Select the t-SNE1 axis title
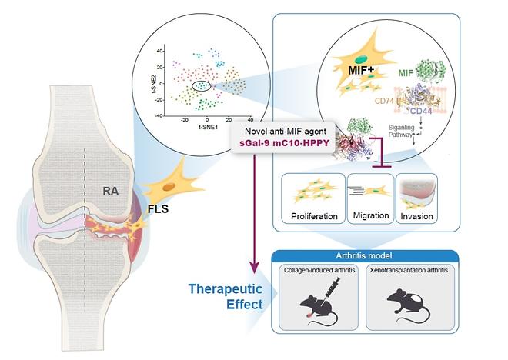coord(206,128)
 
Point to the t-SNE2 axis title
coord(155,82)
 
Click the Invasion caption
coord(418,216)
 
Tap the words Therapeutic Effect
coord(226,296)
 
